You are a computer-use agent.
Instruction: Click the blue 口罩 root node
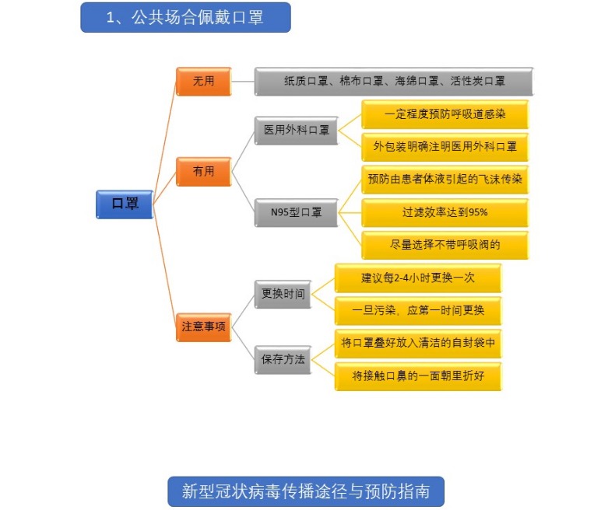[x=125, y=204]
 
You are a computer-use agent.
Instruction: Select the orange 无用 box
[x=203, y=81]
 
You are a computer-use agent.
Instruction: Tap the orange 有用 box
[x=203, y=171]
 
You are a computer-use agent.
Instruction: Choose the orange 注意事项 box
[x=203, y=327]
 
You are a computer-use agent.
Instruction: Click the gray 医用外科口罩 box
[x=296, y=131]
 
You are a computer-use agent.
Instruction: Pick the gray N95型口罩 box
[x=296, y=211]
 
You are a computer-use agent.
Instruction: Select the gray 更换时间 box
[x=283, y=295]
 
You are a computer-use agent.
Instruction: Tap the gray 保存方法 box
[x=283, y=359]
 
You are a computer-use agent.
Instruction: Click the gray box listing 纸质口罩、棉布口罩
[x=394, y=81]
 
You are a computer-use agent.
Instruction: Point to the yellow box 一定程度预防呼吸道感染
[x=445, y=114]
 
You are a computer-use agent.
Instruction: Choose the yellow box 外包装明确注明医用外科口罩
[x=445, y=146]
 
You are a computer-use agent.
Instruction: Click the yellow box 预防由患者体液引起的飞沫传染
[x=445, y=179]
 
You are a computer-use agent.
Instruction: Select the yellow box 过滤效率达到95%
[x=445, y=211]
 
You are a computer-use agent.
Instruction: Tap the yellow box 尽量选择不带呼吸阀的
[x=445, y=244]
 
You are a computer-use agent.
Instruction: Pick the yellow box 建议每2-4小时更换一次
[x=418, y=278]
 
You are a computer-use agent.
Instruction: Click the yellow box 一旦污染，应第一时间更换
[x=418, y=310]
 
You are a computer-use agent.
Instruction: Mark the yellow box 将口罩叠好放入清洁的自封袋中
[x=418, y=343]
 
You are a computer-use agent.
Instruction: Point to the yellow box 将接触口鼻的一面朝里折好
[x=418, y=376]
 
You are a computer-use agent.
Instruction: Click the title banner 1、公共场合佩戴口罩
[x=185, y=17]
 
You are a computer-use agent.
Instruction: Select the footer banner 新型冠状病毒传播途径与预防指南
[x=306, y=491]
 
